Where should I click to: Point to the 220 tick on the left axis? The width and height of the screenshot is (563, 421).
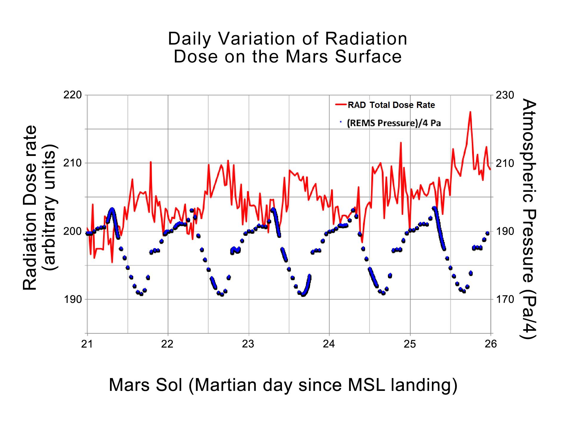73,95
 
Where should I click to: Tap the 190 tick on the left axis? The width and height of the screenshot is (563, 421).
73,299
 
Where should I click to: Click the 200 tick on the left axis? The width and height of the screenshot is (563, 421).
73,231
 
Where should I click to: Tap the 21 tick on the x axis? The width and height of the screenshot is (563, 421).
87,344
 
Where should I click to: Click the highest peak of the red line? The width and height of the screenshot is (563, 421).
470,112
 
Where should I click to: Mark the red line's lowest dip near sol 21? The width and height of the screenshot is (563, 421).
112,262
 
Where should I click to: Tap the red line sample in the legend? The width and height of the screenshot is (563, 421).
341,105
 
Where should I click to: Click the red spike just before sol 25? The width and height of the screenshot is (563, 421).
401,143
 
